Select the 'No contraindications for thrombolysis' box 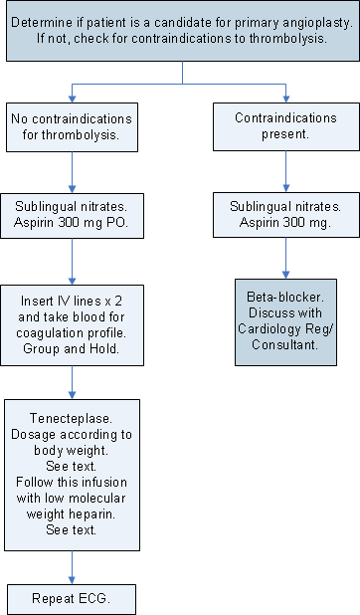tap(72, 126)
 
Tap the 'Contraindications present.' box tap(285, 126)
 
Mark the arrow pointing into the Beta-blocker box tap(286, 271)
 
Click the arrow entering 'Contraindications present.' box tap(286, 96)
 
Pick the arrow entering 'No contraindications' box tap(72, 96)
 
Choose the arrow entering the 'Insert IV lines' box tap(72, 273)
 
